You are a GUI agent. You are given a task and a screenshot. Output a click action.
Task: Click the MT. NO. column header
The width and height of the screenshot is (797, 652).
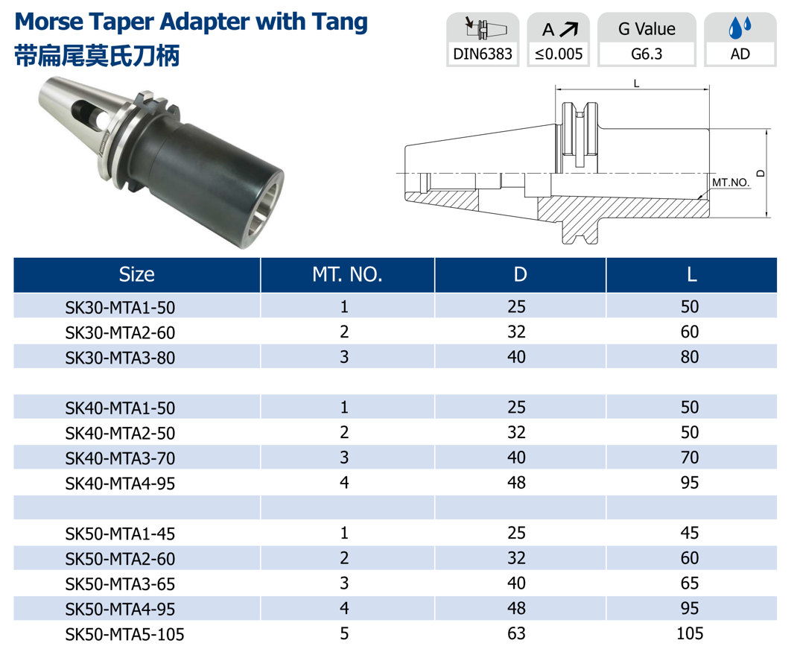pyautogui.click(x=347, y=275)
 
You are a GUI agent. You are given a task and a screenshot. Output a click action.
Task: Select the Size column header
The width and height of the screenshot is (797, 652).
pyautogui.click(x=137, y=275)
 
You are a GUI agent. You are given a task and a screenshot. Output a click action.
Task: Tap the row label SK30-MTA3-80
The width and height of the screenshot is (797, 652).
pyautogui.click(x=120, y=358)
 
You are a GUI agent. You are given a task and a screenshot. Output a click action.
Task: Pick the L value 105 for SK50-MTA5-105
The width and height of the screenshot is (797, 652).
pyautogui.click(x=690, y=633)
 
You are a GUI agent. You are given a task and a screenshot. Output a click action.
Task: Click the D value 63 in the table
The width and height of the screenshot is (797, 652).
pyautogui.click(x=516, y=633)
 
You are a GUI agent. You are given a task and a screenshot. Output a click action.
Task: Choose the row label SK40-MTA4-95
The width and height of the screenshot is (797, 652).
pyautogui.click(x=120, y=483)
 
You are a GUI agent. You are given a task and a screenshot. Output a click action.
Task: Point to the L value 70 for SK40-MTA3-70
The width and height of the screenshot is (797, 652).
pyautogui.click(x=690, y=458)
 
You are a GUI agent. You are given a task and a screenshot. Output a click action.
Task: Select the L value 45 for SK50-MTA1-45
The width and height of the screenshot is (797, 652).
pyautogui.click(x=690, y=533)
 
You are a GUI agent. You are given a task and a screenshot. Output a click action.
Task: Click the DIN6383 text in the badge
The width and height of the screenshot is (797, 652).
pyautogui.click(x=483, y=54)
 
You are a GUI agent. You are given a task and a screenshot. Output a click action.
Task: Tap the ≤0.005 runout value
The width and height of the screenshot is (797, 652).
pyautogui.click(x=559, y=54)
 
